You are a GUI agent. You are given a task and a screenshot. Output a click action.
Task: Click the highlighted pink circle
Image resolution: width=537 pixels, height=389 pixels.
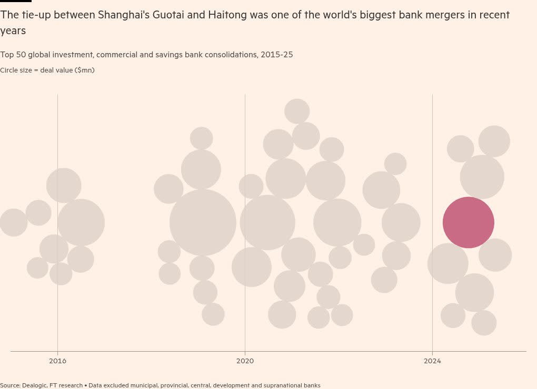coord(468,222)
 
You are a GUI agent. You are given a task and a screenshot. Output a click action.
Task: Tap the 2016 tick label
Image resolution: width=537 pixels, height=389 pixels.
coord(57,361)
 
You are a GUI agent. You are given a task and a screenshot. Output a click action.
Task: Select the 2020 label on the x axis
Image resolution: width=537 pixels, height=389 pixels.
coord(245,361)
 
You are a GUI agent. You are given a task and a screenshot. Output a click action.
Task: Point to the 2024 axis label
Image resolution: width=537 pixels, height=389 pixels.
coord(432,361)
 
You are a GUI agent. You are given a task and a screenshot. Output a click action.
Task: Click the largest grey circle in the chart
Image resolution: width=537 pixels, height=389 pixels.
coord(203,222)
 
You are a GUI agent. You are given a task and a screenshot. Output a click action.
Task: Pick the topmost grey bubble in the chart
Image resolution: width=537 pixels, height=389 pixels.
coord(297,111)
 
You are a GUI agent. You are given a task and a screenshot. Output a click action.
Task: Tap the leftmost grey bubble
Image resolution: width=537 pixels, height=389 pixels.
coord(13,222)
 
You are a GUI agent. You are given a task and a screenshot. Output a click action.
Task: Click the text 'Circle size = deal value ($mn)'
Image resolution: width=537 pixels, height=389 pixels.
coord(47,70)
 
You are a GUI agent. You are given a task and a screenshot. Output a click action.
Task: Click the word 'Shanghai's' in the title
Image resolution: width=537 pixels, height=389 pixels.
coord(124,15)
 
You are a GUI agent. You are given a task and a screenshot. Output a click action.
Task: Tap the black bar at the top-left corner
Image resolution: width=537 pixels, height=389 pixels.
coord(16,1)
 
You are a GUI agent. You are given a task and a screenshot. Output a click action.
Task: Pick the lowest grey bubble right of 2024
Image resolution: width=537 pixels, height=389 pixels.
coord(484,323)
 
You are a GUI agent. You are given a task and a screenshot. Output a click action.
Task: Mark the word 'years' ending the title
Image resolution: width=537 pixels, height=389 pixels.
coord(13,31)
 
